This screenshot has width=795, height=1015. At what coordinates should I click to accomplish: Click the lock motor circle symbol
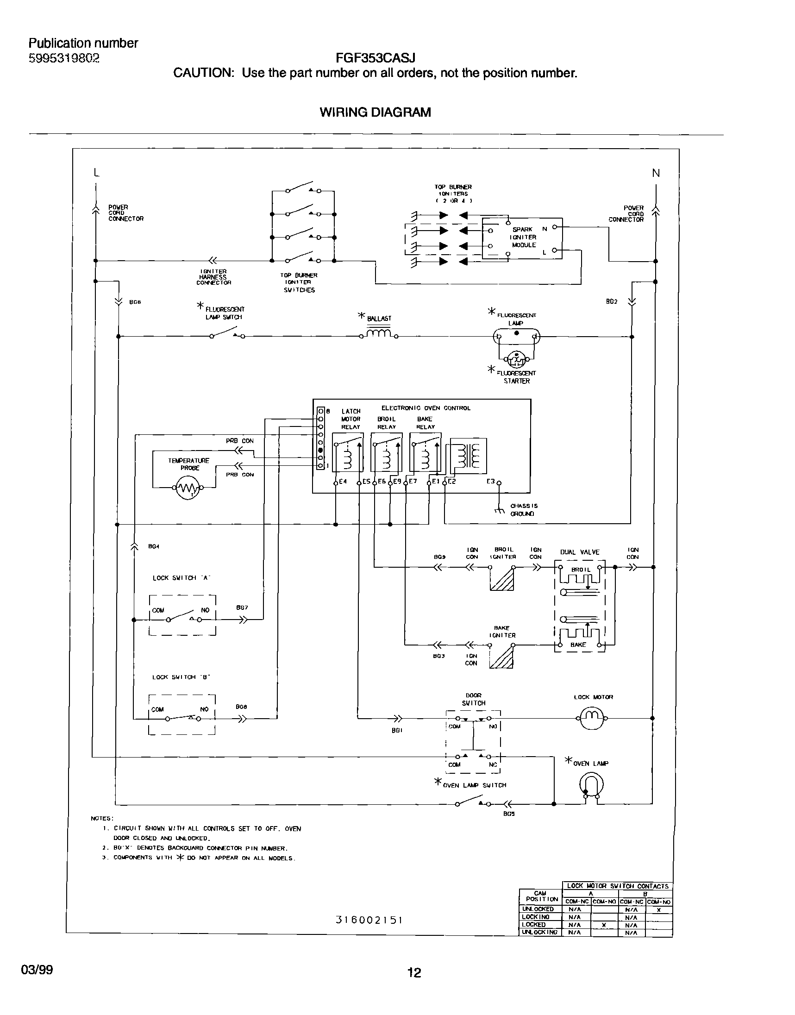tap(592, 718)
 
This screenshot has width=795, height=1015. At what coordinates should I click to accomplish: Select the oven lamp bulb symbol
tap(592, 785)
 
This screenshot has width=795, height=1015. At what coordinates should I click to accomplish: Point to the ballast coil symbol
tap(379, 333)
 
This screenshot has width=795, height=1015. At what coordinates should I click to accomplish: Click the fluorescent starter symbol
tap(517, 358)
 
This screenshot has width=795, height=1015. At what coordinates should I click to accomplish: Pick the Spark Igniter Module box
tap(522, 238)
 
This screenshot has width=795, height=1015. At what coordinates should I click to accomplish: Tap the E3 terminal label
tap(491, 481)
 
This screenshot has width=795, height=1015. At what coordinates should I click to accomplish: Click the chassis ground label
tap(524, 510)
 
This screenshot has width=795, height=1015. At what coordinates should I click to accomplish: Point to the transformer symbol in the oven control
tap(468, 456)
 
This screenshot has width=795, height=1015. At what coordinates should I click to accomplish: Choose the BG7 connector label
tap(242, 608)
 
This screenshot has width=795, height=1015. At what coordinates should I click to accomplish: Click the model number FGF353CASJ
tap(375, 58)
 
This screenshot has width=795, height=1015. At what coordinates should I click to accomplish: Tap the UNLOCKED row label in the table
tap(538, 909)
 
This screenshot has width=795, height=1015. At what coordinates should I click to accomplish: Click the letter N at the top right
tap(656, 173)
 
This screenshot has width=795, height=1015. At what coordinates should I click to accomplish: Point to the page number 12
tap(414, 972)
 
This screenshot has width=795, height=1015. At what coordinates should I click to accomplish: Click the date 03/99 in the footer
tap(37, 970)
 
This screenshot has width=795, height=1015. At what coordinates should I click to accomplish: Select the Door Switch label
tap(473, 699)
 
